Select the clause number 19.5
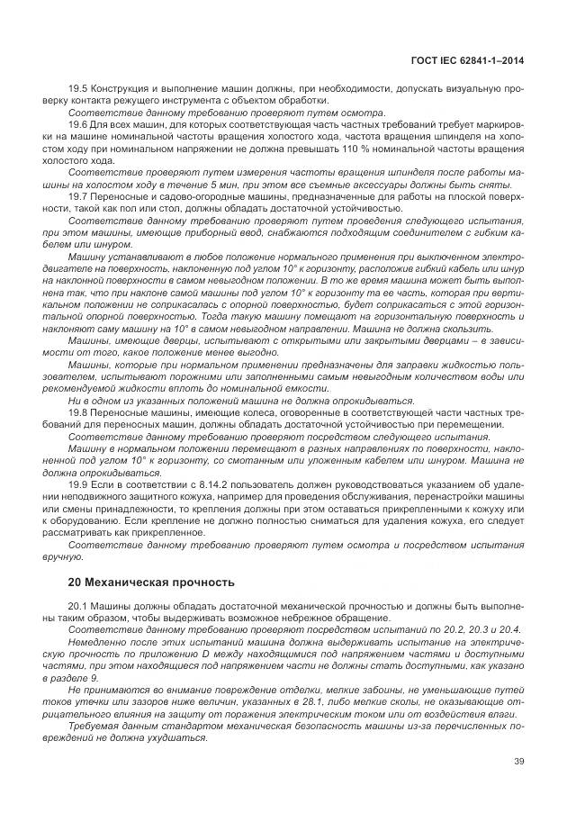tap(79, 88)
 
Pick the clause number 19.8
tap(79, 411)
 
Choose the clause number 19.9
tap(79, 483)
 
